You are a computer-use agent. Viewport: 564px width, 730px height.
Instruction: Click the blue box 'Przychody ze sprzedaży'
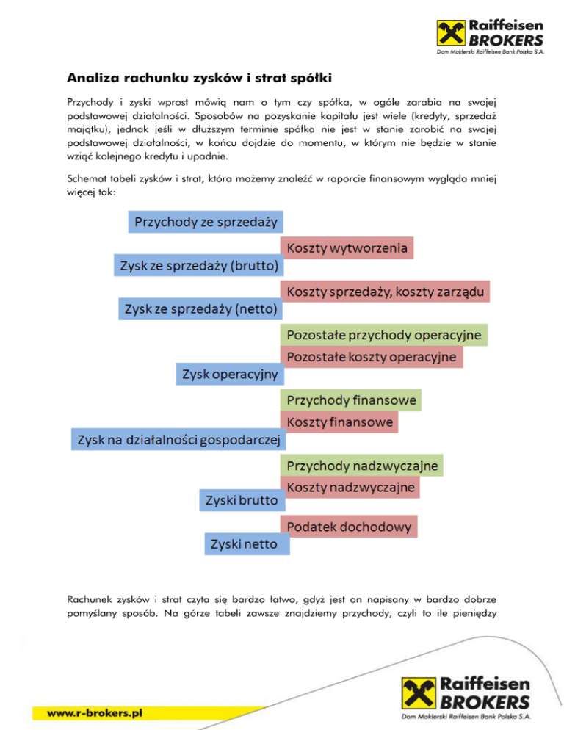(x=207, y=222)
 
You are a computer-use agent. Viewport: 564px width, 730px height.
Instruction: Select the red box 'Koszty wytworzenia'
(x=347, y=248)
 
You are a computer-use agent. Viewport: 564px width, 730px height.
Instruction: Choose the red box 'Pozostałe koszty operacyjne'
(x=375, y=357)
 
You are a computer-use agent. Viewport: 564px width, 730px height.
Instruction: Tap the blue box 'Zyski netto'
(x=246, y=545)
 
